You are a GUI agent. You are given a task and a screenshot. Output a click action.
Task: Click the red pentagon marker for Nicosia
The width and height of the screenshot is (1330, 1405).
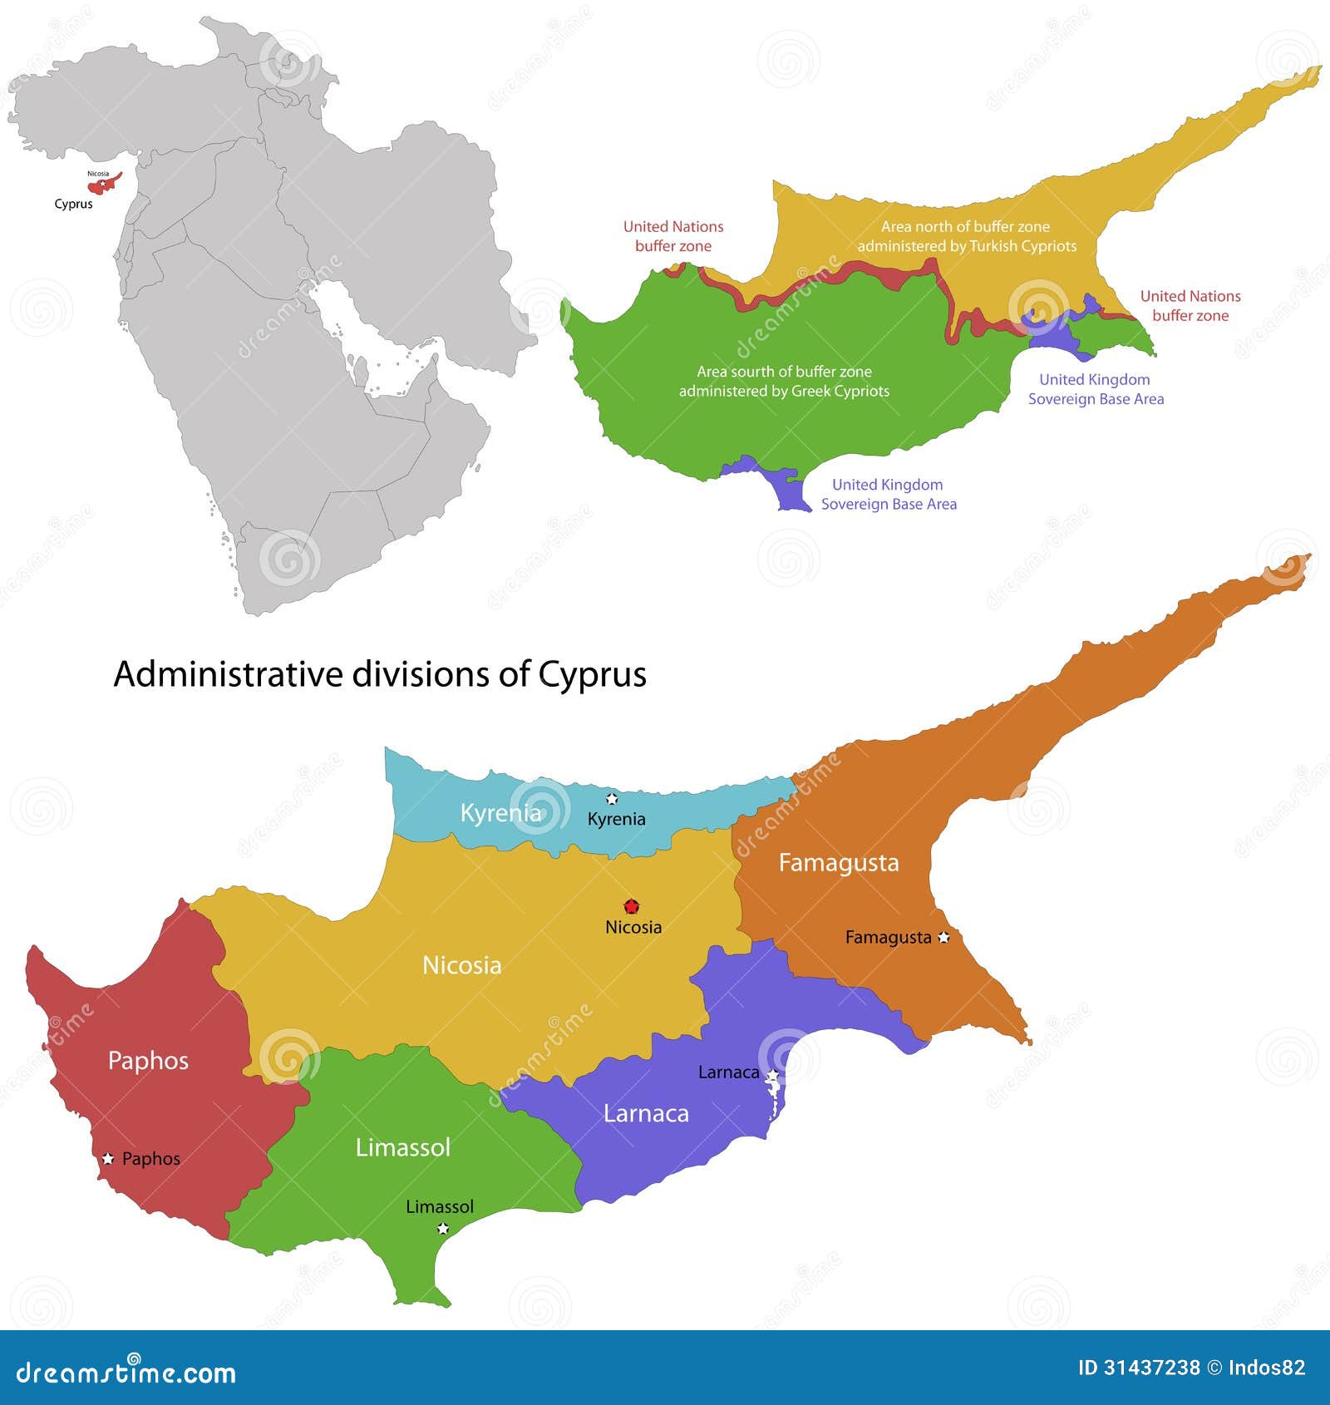(x=632, y=906)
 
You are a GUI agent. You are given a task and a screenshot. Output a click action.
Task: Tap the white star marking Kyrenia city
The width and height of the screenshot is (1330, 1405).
(x=612, y=799)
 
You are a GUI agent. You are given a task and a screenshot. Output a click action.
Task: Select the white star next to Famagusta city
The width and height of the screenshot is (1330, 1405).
(x=943, y=937)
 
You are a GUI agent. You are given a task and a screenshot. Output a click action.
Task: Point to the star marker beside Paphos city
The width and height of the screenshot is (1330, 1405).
(x=107, y=1158)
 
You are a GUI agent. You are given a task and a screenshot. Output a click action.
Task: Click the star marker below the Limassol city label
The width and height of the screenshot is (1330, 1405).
(x=443, y=1228)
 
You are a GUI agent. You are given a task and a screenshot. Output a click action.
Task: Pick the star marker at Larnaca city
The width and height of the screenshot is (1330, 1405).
(x=772, y=1076)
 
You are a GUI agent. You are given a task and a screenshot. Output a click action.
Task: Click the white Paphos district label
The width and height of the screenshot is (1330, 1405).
(x=148, y=1061)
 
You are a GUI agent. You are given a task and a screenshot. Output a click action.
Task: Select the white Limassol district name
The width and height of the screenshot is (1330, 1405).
(x=402, y=1147)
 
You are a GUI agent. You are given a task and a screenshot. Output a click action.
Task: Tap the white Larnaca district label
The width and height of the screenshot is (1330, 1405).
(x=646, y=1113)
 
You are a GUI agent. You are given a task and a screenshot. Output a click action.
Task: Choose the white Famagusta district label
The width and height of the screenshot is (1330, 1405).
(x=838, y=863)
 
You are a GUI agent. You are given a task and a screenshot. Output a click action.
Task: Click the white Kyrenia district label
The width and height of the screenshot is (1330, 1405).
(x=500, y=812)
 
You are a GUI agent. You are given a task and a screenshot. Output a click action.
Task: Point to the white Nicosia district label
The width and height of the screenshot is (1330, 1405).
(x=461, y=965)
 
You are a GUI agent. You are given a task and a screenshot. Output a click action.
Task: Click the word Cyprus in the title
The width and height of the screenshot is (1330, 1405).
(x=592, y=674)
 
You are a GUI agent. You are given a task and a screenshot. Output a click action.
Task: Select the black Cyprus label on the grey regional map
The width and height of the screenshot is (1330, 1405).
(x=73, y=204)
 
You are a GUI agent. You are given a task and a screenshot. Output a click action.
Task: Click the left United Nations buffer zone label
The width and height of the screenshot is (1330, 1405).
(x=673, y=236)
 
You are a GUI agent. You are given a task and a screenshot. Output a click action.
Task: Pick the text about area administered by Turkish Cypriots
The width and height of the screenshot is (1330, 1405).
(x=966, y=236)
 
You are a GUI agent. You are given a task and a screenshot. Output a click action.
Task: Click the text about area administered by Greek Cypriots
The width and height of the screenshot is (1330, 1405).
(x=784, y=382)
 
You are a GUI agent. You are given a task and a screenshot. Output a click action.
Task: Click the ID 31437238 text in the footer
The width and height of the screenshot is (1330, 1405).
(x=1138, y=1368)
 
